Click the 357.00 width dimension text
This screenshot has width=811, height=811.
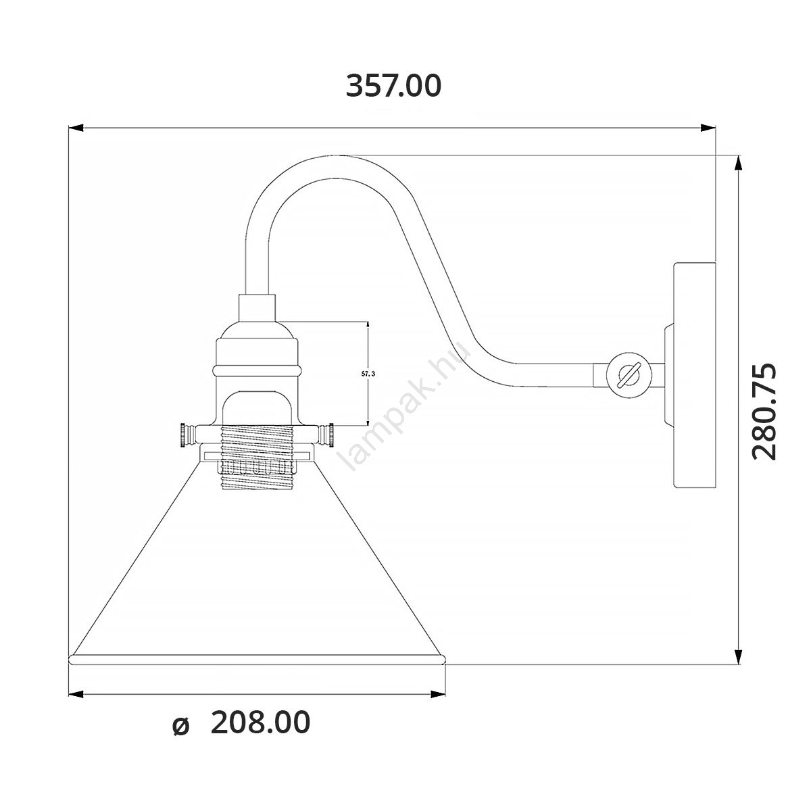point(393,86)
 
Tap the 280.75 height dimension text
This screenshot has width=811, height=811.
point(764,411)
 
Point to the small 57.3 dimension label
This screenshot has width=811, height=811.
point(368,374)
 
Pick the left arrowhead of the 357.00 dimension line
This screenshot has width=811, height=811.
point(76,128)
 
